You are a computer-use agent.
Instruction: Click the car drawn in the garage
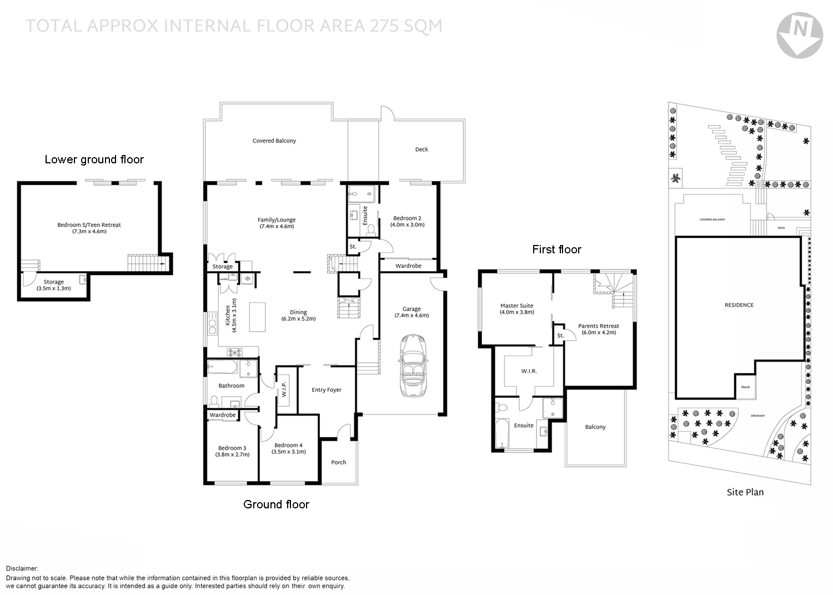click(x=412, y=366)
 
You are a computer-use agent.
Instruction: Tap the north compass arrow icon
click(x=799, y=35)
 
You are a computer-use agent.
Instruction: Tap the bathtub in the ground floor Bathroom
click(x=223, y=367)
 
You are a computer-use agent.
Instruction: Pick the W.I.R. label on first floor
click(x=529, y=371)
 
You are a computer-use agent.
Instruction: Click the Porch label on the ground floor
click(x=338, y=462)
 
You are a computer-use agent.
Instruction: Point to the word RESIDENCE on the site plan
click(x=739, y=305)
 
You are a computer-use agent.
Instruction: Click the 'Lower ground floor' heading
click(x=94, y=160)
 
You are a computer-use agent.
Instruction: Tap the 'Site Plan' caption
click(x=745, y=492)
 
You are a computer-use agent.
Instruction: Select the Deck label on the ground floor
click(x=421, y=149)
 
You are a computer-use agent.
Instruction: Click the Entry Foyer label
click(x=326, y=390)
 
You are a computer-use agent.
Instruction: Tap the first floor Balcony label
click(x=595, y=427)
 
